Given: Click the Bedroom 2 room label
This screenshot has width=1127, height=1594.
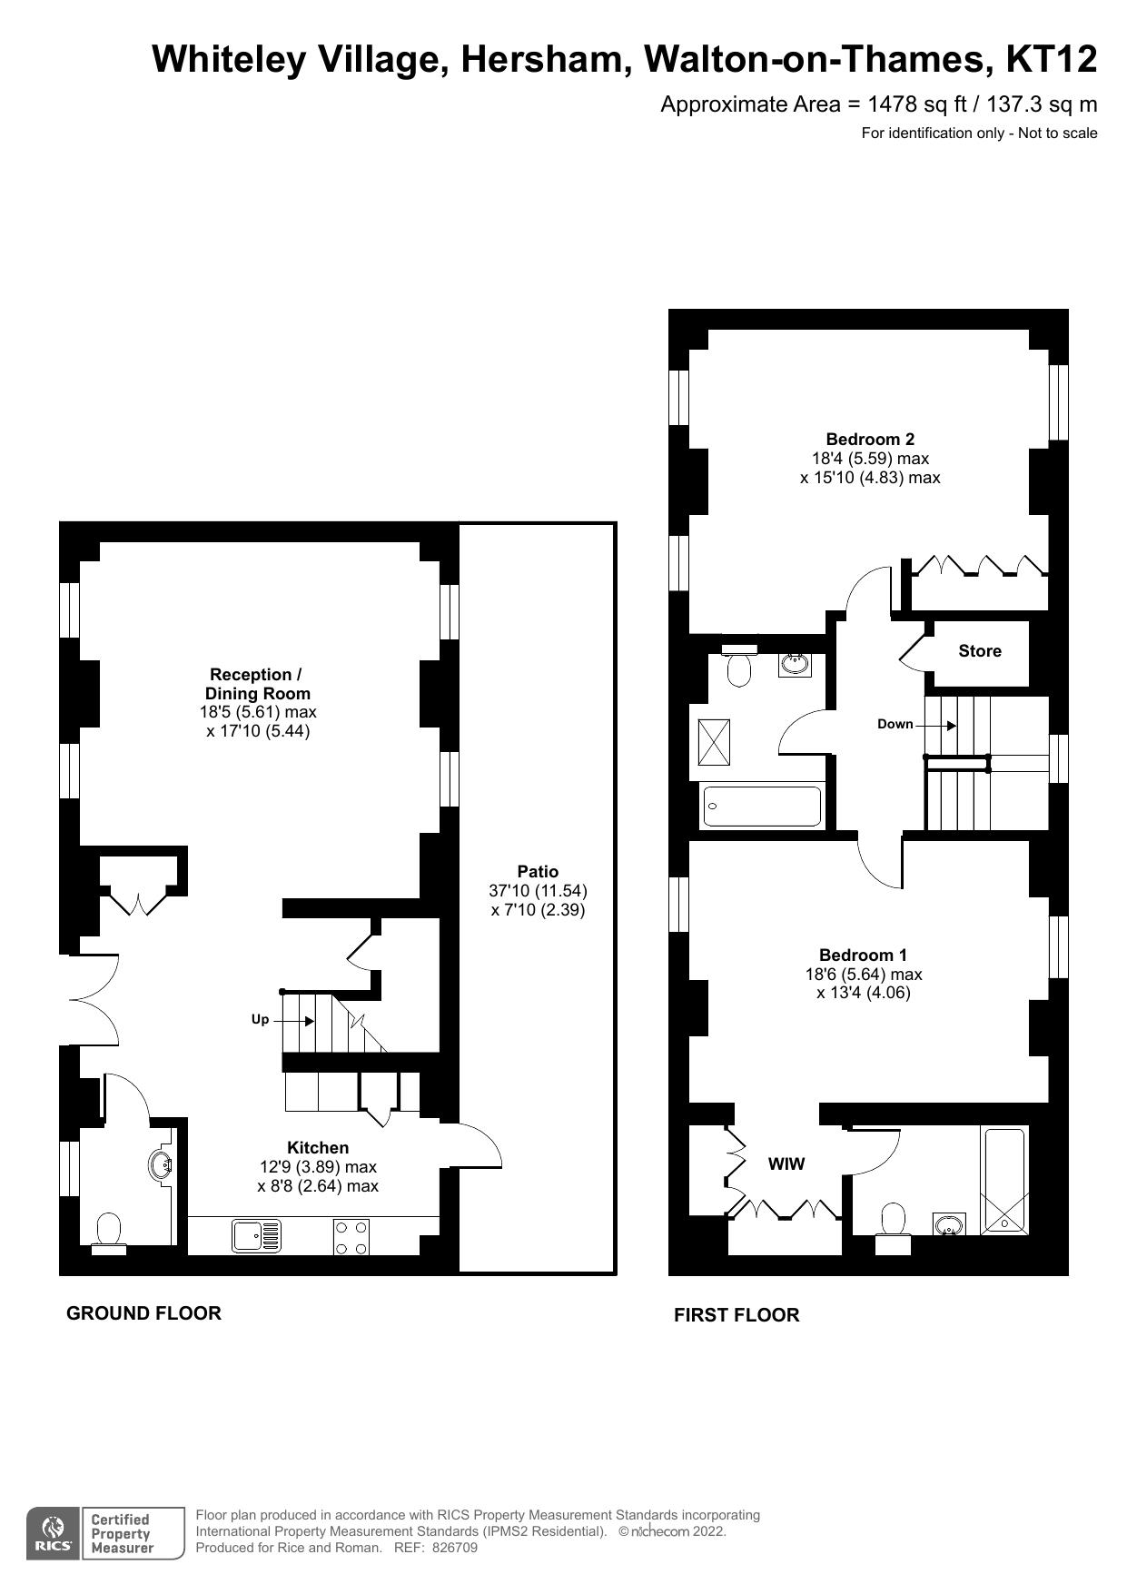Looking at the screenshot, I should [869, 439].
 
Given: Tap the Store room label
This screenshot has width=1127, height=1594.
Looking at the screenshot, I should [979, 651].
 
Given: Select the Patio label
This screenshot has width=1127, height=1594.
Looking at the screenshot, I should [538, 872].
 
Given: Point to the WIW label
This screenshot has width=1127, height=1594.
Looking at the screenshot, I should [786, 1164].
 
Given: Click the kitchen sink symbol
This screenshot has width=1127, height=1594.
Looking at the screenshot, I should [257, 1235].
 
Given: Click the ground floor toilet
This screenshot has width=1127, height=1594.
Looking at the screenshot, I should [109, 1233].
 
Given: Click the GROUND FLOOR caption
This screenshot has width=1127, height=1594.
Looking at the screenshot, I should [143, 1313].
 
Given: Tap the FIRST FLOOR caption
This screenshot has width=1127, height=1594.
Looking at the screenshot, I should [737, 1315].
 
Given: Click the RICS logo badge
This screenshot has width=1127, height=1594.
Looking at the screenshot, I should [54, 1534].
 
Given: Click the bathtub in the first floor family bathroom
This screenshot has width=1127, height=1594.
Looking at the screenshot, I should [762, 807].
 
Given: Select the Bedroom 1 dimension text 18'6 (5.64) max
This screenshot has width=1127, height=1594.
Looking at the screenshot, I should [863, 975].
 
